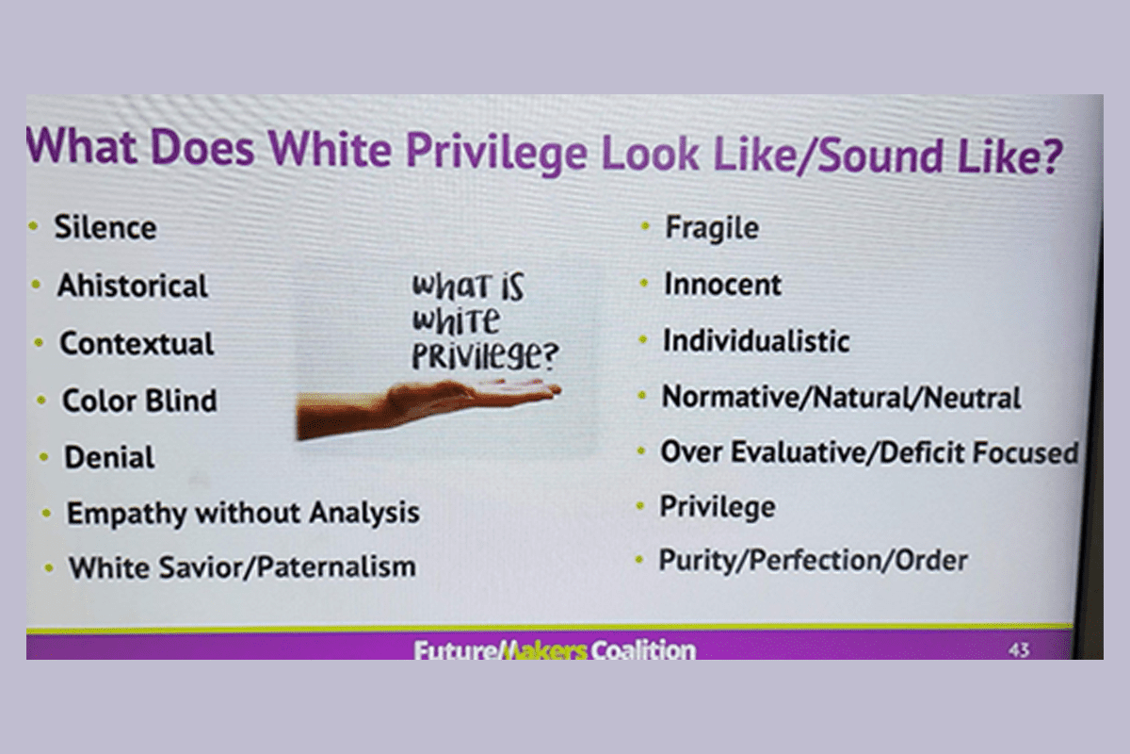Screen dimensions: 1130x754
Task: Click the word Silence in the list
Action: pyautogui.click(x=105, y=228)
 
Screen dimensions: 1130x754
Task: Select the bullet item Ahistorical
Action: pyautogui.click(x=133, y=286)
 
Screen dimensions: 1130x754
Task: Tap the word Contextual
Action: pyautogui.click(x=137, y=343)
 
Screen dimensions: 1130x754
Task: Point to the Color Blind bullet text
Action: pyautogui.click(x=139, y=401)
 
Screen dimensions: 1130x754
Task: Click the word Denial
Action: pyautogui.click(x=109, y=457)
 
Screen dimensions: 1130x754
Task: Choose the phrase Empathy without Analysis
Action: pyautogui.click(x=243, y=514)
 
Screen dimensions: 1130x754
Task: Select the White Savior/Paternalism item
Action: pyautogui.click(x=243, y=567)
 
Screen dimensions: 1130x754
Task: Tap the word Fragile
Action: pyautogui.click(x=712, y=229)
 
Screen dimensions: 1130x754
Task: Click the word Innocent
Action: pyautogui.click(x=722, y=285)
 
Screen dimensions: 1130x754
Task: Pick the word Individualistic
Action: pyautogui.click(x=756, y=341)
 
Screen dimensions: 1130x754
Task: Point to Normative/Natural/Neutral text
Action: pyautogui.click(x=841, y=398)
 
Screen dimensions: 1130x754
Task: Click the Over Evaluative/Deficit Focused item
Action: pyautogui.click(x=869, y=452)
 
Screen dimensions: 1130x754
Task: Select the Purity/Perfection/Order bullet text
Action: pyautogui.click(x=814, y=561)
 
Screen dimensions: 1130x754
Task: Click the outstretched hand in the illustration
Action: pyautogui.click(x=428, y=406)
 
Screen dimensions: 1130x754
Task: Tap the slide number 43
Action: pyautogui.click(x=1019, y=649)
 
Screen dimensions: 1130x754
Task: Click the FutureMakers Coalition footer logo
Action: pyautogui.click(x=555, y=650)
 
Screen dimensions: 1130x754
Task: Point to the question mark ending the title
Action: pyautogui.click(x=1051, y=156)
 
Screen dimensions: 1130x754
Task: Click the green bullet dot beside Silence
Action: pyautogui.click(x=34, y=226)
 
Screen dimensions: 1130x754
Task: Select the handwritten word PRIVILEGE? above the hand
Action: pyautogui.click(x=485, y=355)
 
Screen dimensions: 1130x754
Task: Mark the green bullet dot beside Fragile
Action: pyautogui.click(x=645, y=226)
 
